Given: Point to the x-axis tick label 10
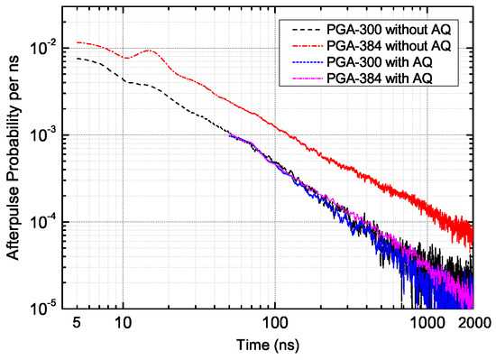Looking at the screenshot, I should pos(123,322).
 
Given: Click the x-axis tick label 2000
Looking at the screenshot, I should pos(470,322).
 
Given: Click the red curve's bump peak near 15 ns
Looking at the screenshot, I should pos(148,51).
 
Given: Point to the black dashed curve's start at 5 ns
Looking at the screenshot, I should pos(78,59).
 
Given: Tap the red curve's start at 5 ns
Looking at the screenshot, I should pos(78,42).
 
